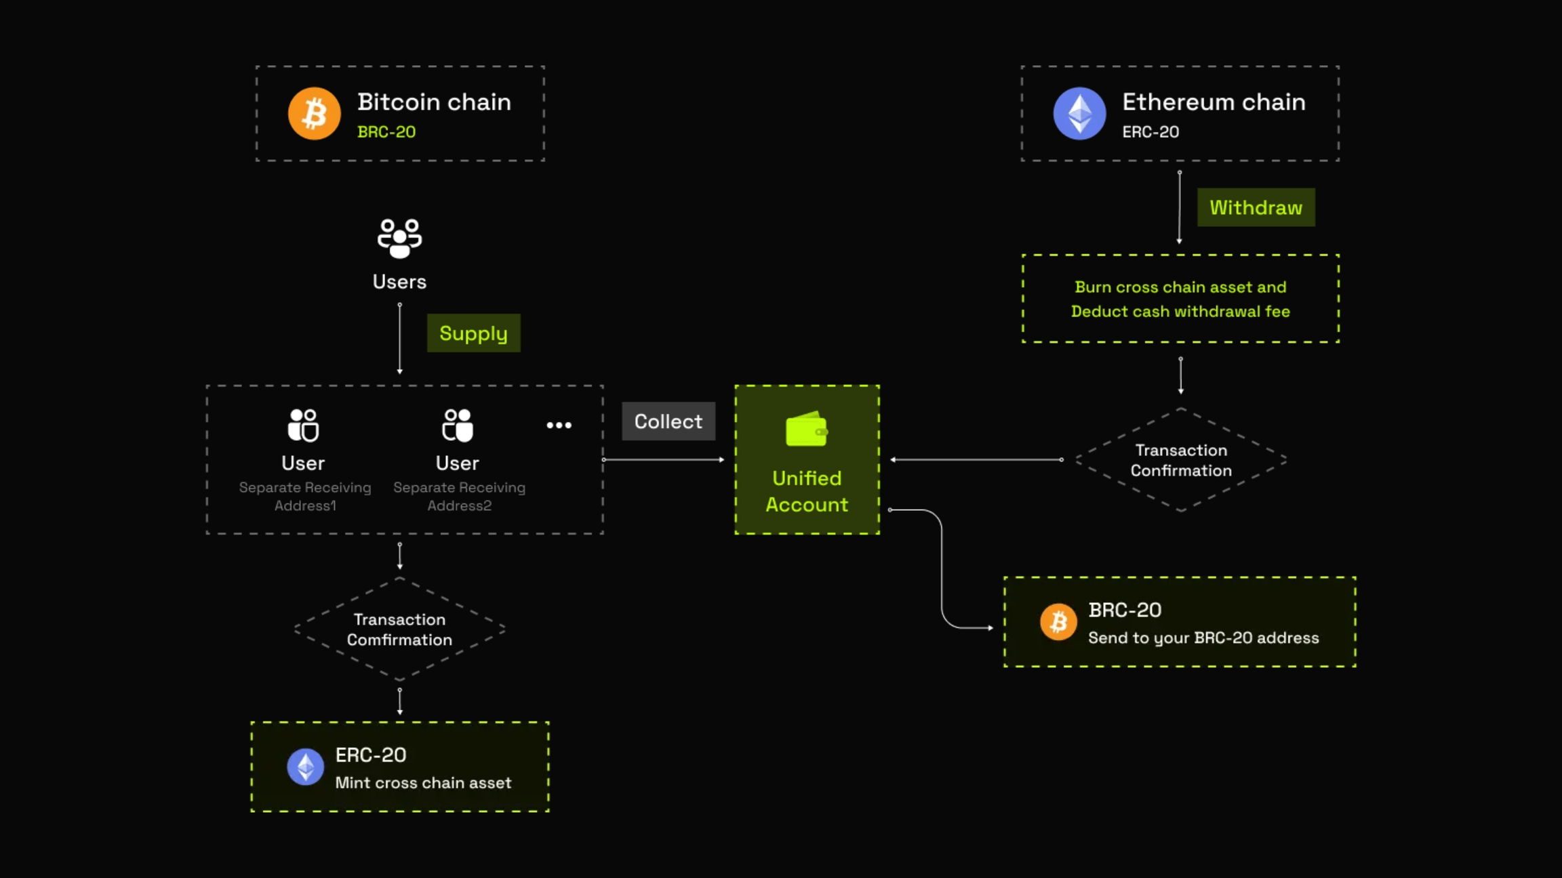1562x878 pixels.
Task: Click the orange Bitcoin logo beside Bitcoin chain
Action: point(314,113)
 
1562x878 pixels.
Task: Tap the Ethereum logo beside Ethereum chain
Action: point(1079,113)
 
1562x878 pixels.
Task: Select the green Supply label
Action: point(473,333)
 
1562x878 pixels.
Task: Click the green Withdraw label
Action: point(1256,207)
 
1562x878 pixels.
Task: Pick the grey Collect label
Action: point(668,421)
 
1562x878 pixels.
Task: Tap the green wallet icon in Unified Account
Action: point(806,429)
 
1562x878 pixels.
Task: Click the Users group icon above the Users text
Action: point(399,238)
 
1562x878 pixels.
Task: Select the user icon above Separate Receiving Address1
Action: point(303,425)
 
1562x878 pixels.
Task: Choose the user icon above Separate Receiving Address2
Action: point(458,425)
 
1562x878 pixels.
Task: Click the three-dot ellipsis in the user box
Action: point(559,425)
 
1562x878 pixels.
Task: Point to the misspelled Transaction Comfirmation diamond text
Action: point(399,629)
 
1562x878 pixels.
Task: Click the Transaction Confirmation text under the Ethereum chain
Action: point(1180,460)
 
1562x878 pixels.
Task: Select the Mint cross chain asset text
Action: point(423,783)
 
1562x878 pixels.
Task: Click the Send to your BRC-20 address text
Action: point(1203,638)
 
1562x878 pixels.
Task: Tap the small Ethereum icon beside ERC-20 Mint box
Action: point(305,767)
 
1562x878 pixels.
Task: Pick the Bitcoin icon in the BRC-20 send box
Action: point(1058,622)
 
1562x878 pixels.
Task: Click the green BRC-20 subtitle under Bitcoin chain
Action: point(386,132)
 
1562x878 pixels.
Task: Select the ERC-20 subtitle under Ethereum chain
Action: point(1150,132)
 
